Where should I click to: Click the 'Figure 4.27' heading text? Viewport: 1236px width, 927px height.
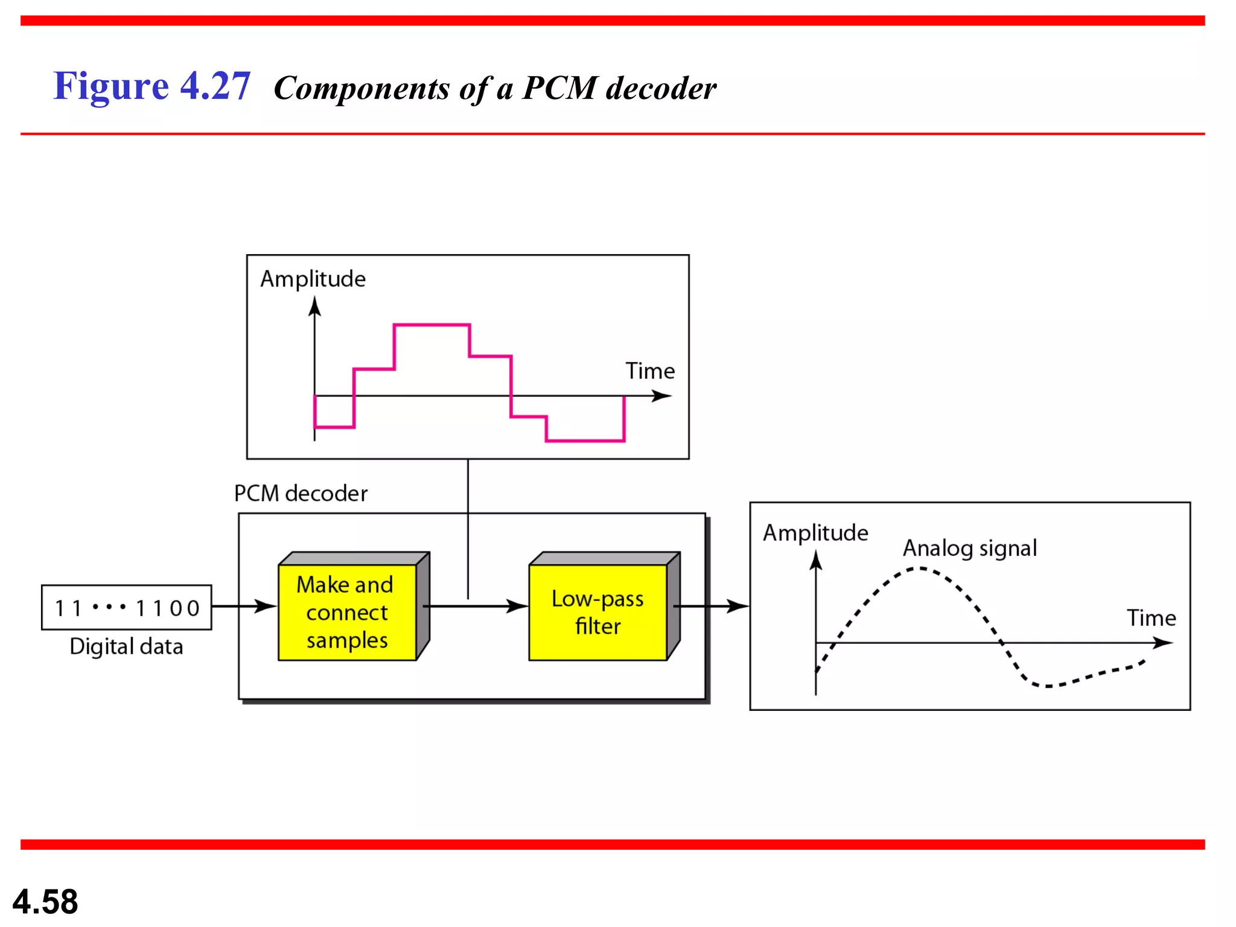click(x=151, y=86)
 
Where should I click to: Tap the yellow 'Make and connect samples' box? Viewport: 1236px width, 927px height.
click(x=347, y=612)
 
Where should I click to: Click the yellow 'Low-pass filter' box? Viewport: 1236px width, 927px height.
click(x=597, y=612)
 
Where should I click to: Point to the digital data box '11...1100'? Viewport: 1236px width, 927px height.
click(x=126, y=608)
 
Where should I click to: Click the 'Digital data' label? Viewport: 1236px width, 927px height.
click(x=126, y=646)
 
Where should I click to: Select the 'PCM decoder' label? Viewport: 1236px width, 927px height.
click(x=301, y=494)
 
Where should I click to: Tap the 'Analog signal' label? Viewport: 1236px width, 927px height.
click(x=969, y=548)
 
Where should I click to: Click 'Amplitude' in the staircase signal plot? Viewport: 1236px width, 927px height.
click(x=313, y=279)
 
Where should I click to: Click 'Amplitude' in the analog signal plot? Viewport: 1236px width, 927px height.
click(x=815, y=533)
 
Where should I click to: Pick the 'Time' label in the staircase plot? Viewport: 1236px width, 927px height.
click(x=649, y=371)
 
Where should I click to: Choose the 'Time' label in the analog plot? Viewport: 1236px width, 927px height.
click(x=1151, y=618)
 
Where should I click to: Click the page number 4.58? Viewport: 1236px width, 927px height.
click(x=45, y=902)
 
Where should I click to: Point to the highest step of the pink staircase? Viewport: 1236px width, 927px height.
click(x=432, y=325)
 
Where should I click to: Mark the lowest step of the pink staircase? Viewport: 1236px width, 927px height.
click(x=585, y=441)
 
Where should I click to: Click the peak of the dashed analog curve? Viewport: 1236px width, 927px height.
click(x=919, y=568)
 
